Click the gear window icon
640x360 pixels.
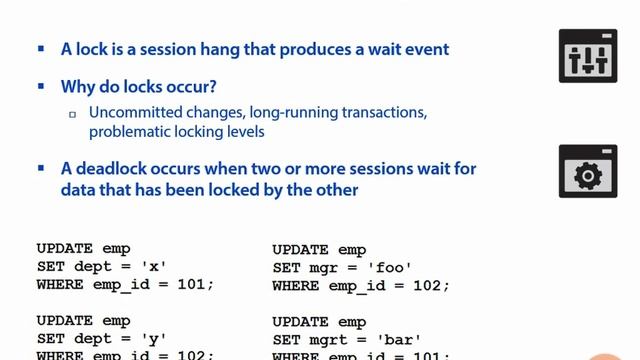[x=588, y=171]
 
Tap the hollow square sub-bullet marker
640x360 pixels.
[x=72, y=114]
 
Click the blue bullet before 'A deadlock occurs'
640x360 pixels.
[x=41, y=168]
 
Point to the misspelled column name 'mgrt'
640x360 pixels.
[x=327, y=338]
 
